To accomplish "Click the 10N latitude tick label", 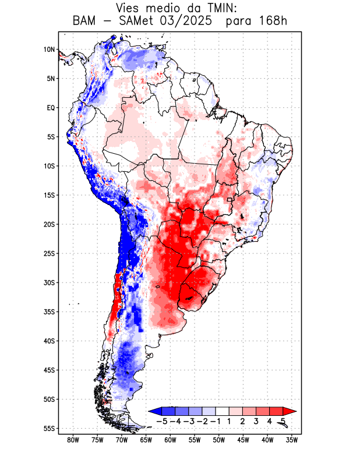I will (x=49, y=50).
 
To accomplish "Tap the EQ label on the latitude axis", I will (x=50, y=108).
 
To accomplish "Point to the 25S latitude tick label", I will (x=49, y=253).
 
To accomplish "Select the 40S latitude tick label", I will (x=49, y=341).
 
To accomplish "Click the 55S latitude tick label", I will (x=49, y=428).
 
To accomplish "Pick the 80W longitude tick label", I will (x=73, y=440).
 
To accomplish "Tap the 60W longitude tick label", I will (x=171, y=440).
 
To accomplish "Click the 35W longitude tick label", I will (x=292, y=440).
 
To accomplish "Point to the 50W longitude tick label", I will (x=219, y=440).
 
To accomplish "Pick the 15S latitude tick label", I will (x=49, y=195).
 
